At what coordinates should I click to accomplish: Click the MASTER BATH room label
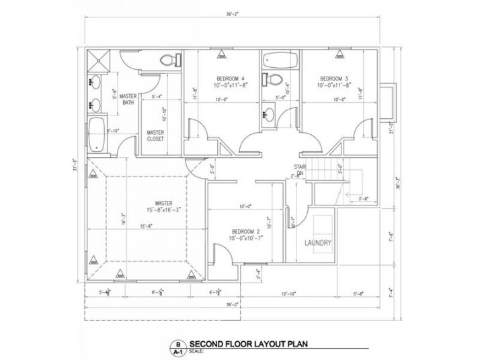[128, 100]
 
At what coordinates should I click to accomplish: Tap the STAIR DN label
[301, 169]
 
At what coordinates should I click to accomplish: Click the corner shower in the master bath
[99, 60]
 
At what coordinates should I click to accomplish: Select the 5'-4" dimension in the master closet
[158, 98]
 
